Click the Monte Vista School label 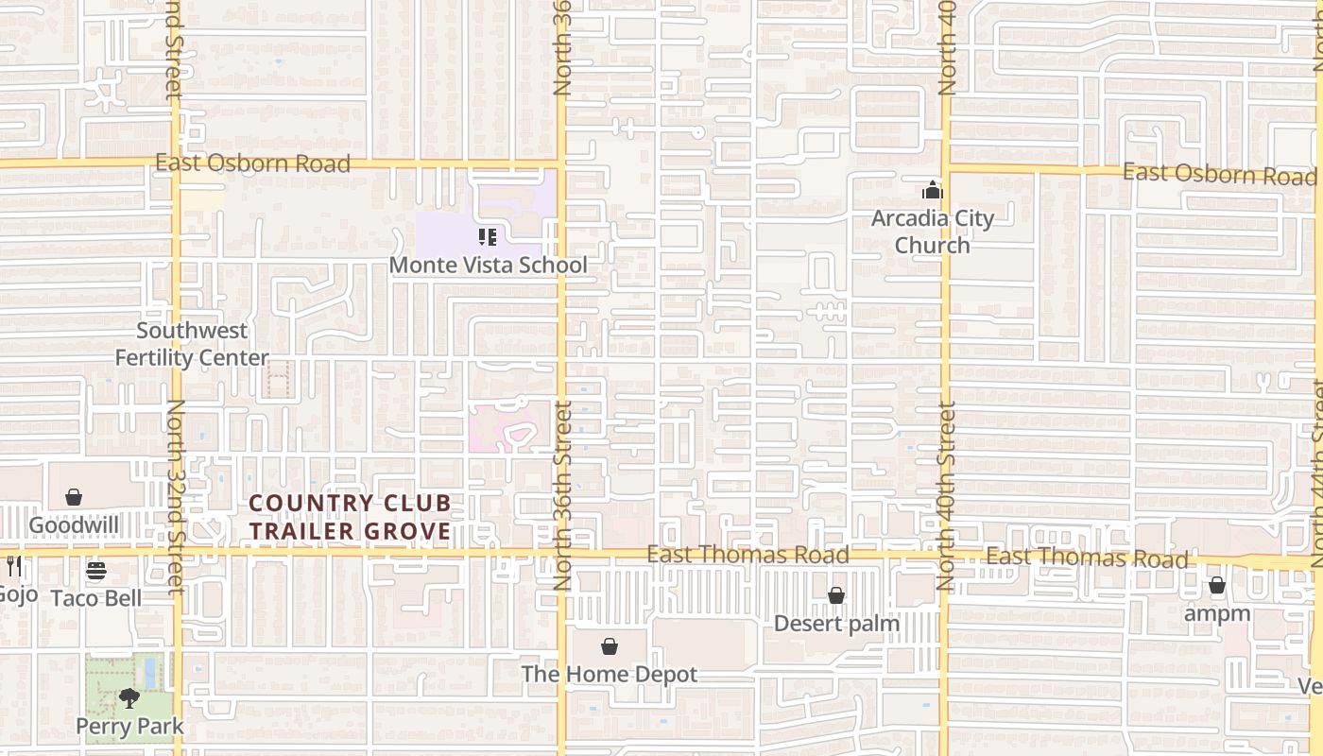pos(488,265)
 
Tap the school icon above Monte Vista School pos(488,237)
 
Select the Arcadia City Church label pos(933,232)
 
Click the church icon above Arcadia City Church pos(933,191)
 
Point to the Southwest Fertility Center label pos(192,344)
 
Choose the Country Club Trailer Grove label pos(351,517)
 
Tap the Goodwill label pos(74,524)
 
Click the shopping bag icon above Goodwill pos(74,497)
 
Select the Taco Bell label pos(96,597)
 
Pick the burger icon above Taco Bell pos(96,571)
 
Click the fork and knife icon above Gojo pos(13,566)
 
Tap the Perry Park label pos(129,726)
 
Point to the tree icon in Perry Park pos(129,699)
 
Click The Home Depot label pos(610,674)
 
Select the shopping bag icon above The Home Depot pos(610,646)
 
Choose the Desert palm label pos(836,623)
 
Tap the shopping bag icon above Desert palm pos(836,595)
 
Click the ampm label pos(1218,613)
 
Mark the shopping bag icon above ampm pos(1217,586)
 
